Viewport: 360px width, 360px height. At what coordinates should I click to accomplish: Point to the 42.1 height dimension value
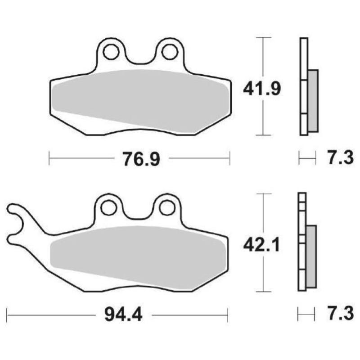coord(262,245)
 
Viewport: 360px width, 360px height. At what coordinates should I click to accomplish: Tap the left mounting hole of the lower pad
coord(108,208)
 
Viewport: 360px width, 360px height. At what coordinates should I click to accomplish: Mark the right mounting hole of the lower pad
coord(167,207)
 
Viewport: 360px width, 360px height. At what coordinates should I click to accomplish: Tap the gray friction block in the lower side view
coord(311,256)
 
